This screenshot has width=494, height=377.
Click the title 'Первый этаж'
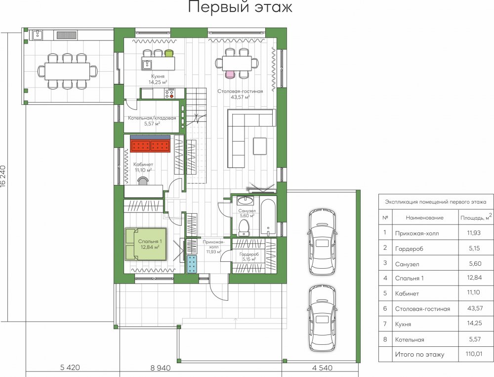[240, 7]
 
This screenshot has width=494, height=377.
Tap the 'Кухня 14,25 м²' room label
[158, 79]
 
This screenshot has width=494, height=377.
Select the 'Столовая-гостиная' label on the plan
[240, 92]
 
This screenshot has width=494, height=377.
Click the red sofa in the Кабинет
[150, 146]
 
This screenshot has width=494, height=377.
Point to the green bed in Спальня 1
[146, 244]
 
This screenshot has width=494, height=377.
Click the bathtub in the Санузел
[268, 217]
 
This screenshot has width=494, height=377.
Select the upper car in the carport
[322, 242]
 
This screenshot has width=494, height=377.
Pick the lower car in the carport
[322, 319]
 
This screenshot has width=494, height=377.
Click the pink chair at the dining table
[230, 74]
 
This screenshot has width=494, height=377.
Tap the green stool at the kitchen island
[169, 53]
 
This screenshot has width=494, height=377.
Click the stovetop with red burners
[169, 94]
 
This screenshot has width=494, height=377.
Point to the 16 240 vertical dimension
[3, 176]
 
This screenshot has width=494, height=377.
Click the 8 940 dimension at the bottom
[161, 368]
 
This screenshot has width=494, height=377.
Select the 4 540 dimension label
[322, 368]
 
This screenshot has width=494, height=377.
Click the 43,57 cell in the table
[475, 308]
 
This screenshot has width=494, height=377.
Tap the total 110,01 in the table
[474, 354]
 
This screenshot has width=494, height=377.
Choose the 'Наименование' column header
[424, 217]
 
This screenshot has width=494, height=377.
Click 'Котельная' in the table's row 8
[410, 339]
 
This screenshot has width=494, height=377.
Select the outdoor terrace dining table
[67, 71]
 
